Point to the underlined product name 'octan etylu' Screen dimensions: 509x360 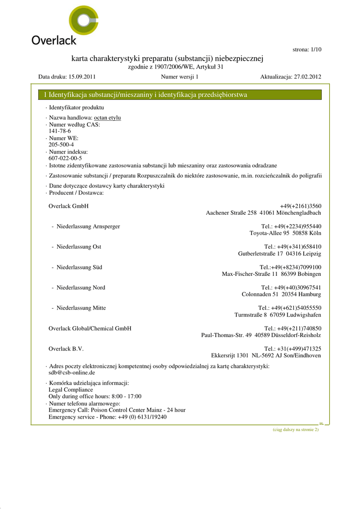tap(107, 118)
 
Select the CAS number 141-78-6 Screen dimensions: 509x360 tap(60, 131)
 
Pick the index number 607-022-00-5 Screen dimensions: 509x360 tap(65, 158)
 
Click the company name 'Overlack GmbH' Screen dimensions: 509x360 tap(69, 206)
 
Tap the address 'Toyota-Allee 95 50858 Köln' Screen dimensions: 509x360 tap(285, 233)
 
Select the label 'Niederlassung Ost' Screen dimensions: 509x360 tap(79, 247)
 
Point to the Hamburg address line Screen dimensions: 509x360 tap(281, 294)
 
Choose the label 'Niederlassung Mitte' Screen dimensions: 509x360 tap(81, 308)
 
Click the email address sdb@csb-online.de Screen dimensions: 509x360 tap(72, 372)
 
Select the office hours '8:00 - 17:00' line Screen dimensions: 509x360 tap(94, 397)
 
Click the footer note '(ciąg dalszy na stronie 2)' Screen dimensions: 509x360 tap(295, 429)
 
